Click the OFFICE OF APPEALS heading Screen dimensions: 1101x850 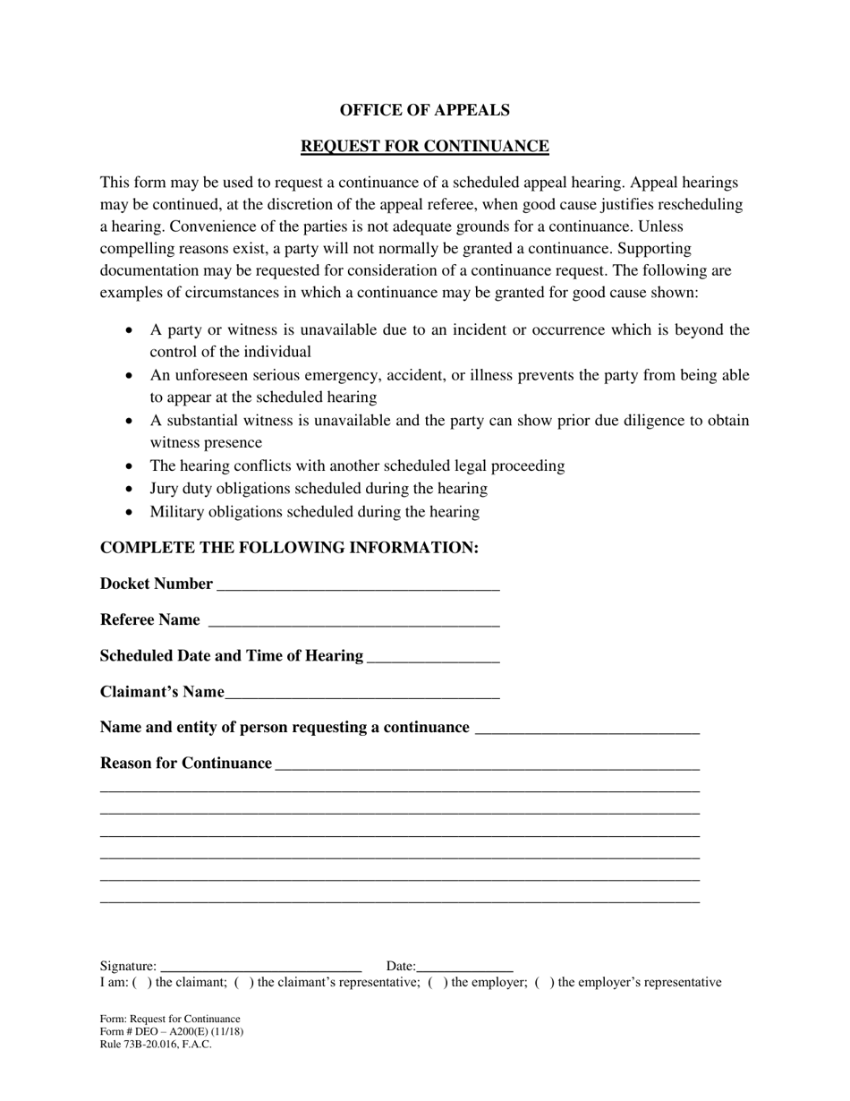tap(424, 110)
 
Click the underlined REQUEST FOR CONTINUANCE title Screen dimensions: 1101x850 tap(424, 146)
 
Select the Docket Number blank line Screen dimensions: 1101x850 tap(358, 585)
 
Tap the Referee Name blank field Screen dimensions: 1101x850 tap(353, 621)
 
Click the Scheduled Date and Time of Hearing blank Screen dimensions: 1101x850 tap(433, 657)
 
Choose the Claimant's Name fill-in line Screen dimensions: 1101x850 tap(362, 693)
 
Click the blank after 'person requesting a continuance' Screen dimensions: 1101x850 tap(587, 729)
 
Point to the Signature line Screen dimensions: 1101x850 tap(260, 967)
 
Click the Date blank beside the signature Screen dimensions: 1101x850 tap(464, 967)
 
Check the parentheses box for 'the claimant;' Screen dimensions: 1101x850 tap(141, 983)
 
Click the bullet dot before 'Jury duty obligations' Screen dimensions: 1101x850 tap(131, 489)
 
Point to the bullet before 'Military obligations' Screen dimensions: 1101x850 tap(131, 512)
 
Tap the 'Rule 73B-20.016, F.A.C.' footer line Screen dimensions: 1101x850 tap(156, 1045)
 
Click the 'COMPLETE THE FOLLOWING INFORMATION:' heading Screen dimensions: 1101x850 tap(289, 548)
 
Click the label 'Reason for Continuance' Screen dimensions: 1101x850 tap(186, 764)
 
